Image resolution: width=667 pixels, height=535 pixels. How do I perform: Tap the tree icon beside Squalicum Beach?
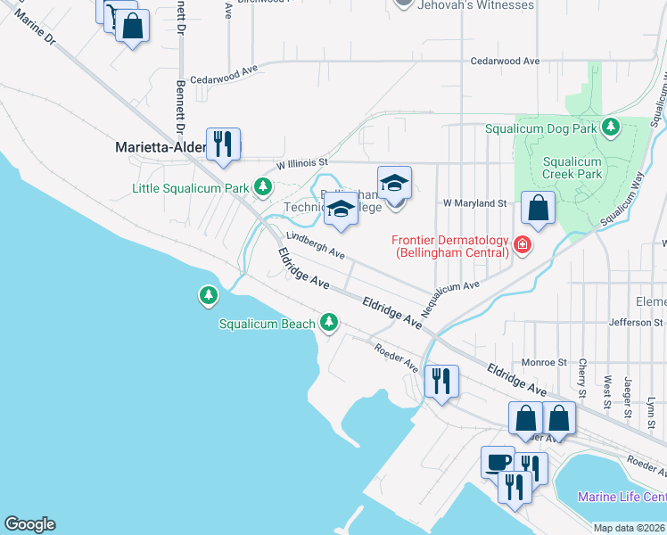click(330, 321)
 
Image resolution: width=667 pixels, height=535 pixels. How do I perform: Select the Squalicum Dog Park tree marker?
click(611, 128)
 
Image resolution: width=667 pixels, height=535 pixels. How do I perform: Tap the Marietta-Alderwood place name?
click(163, 147)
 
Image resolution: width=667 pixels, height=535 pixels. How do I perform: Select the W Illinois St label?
click(302, 163)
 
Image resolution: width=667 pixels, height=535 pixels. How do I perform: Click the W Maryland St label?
click(476, 203)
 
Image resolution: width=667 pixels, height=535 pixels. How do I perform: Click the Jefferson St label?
click(637, 322)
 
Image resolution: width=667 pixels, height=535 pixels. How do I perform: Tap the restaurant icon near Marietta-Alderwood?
click(222, 143)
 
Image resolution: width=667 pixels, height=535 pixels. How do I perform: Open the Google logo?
click(29, 524)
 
